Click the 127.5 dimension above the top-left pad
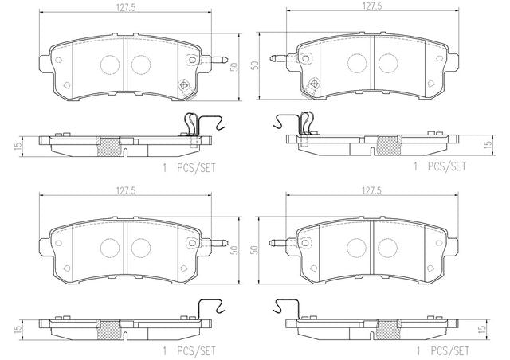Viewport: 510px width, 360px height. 126,8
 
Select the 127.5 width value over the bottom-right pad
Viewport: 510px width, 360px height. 372,191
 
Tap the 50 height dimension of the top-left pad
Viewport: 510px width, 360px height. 234,67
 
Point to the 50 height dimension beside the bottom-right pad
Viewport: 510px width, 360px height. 254,250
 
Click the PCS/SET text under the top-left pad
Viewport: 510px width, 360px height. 196,168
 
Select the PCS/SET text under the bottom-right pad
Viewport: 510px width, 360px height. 449,351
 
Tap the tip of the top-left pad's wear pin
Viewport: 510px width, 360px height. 227,59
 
